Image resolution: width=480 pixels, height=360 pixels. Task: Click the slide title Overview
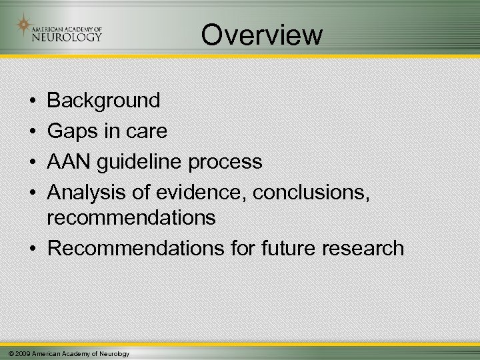262,35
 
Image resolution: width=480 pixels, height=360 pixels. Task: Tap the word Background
104,101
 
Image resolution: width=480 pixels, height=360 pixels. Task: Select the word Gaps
71,131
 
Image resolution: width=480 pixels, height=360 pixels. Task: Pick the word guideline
147,162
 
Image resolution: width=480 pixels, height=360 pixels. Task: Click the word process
227,162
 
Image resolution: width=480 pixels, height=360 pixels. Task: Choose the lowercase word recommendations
132,217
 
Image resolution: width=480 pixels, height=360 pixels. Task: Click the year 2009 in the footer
21,353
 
